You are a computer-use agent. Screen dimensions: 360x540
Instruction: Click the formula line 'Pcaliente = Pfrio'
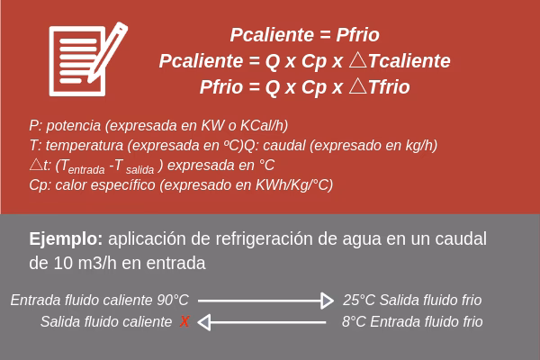pyautogui.click(x=304, y=36)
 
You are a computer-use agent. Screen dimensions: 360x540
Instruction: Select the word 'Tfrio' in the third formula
pyautogui.click(x=389, y=87)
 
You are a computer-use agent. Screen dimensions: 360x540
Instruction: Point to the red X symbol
pyautogui.click(x=184, y=321)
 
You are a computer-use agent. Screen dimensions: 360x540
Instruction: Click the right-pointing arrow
pyautogui.click(x=265, y=301)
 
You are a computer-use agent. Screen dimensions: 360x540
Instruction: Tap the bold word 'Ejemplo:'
pyautogui.click(x=66, y=239)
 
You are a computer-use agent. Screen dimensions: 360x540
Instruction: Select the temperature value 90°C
pyautogui.click(x=173, y=301)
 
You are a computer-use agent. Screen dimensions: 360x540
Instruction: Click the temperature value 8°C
pyautogui.click(x=355, y=321)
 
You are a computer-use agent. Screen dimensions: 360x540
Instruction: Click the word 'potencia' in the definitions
pyautogui.click(x=75, y=126)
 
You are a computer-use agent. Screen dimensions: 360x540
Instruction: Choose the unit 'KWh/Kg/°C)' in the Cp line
pyautogui.click(x=292, y=185)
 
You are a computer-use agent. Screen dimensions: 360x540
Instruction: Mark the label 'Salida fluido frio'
pyautogui.click(x=430, y=301)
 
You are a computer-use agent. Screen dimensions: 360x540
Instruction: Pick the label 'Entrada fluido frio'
pyautogui.click(x=427, y=321)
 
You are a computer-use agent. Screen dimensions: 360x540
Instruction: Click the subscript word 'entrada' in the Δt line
pyautogui.click(x=86, y=168)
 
